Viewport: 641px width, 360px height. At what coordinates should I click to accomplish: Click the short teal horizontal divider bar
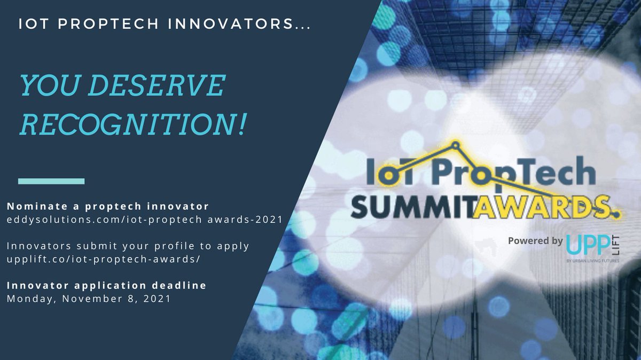point(51,181)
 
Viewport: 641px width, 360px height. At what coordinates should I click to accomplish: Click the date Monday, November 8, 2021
point(89,299)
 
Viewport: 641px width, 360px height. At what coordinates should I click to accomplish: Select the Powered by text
point(535,240)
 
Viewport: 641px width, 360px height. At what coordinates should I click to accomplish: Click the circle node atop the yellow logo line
point(456,143)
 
